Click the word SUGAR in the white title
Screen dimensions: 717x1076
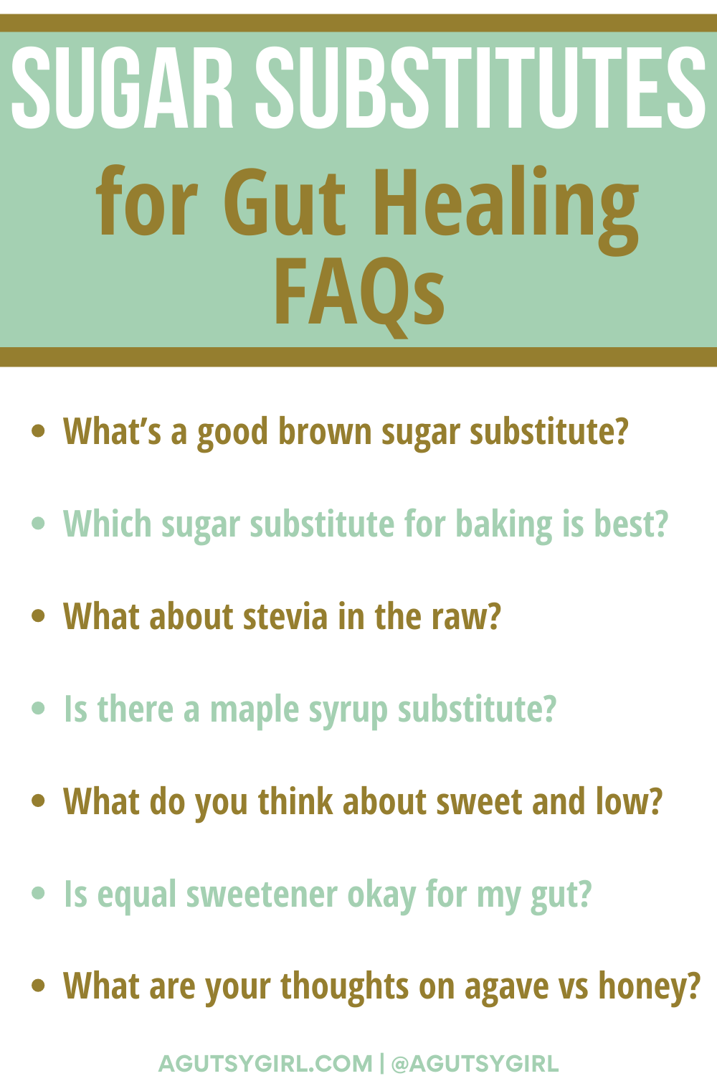(x=123, y=88)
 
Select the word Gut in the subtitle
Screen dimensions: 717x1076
(x=285, y=202)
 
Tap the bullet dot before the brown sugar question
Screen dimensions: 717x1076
(x=38, y=430)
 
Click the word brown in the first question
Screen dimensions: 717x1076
(x=325, y=431)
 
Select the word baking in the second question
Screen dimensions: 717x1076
(x=504, y=525)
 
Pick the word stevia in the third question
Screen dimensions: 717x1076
(x=285, y=616)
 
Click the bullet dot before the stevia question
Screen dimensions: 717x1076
(x=38, y=615)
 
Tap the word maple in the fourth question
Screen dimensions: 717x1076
(x=255, y=710)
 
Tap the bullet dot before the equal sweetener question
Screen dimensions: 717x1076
(x=38, y=893)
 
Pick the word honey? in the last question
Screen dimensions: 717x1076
(x=649, y=988)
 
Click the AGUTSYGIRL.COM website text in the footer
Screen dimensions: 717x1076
(x=265, y=1063)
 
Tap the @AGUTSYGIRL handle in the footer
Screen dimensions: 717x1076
(x=475, y=1063)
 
